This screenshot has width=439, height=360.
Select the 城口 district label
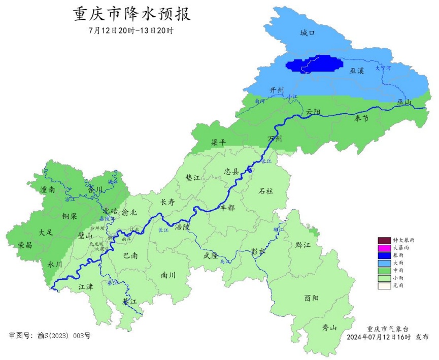click(x=308, y=33)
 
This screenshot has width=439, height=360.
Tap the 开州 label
click(x=277, y=90)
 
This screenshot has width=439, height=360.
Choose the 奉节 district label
click(x=362, y=118)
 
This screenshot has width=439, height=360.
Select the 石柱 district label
click(x=265, y=191)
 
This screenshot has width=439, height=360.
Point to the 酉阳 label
click(x=312, y=298)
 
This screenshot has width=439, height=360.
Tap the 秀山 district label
click(x=329, y=328)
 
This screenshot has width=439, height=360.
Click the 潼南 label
click(x=48, y=189)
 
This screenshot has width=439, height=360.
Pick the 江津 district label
click(x=86, y=287)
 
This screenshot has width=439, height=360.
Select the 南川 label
click(x=168, y=275)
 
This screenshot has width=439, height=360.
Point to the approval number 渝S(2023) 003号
click(x=50, y=336)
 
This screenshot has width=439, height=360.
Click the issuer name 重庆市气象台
click(x=388, y=329)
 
